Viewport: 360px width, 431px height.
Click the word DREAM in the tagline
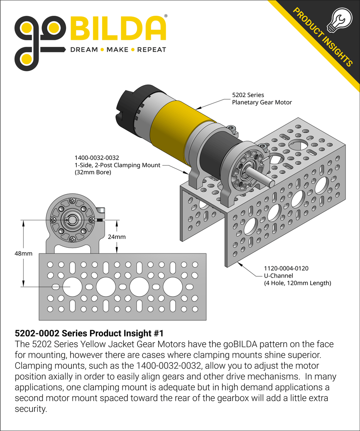pyautogui.click(x=84, y=50)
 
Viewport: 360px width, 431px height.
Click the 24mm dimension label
pyautogui.click(x=117, y=237)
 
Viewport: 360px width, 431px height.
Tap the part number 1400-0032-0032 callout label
pyautogui.click(x=97, y=158)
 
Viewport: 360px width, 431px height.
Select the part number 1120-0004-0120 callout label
pyautogui.click(x=286, y=269)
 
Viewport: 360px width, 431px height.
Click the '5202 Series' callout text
pyautogui.click(x=248, y=95)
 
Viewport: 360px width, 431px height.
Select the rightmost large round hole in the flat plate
pyautogui.click(x=173, y=287)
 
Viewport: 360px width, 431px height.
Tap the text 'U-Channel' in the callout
pyautogui.click(x=278, y=276)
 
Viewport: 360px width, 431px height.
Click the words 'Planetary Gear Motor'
pyautogui.click(x=262, y=102)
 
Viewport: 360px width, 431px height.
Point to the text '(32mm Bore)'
pyautogui.click(x=93, y=172)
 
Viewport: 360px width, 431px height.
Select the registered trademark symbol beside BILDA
pyautogui.click(x=166, y=16)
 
